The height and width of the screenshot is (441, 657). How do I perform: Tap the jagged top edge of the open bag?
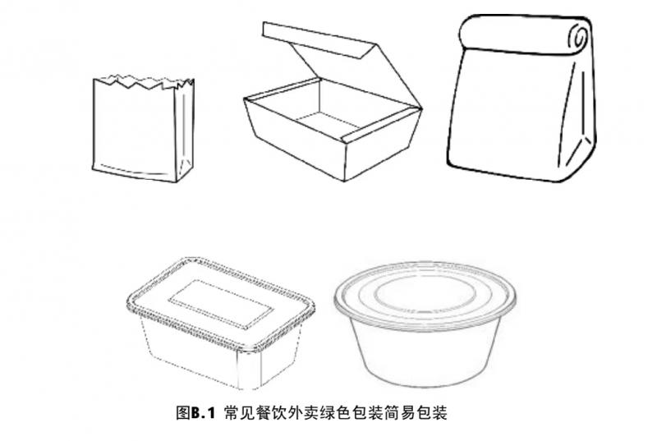tap(142, 82)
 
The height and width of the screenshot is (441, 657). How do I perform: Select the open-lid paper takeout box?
tap(333, 103)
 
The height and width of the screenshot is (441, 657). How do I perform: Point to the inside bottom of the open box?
tap(326, 122)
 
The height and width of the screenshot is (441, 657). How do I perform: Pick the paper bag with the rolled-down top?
tap(521, 99)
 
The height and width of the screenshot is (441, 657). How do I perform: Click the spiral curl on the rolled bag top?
tap(580, 37)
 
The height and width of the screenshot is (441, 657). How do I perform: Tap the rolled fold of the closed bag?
tap(526, 34)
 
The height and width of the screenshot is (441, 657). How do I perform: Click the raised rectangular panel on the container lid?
tap(221, 304)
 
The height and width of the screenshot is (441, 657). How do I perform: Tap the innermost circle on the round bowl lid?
tap(425, 291)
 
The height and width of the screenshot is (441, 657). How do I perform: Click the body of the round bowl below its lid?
tap(425, 356)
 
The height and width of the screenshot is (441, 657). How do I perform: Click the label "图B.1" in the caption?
tap(195, 413)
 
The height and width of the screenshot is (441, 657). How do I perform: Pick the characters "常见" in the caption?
tap(239, 413)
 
